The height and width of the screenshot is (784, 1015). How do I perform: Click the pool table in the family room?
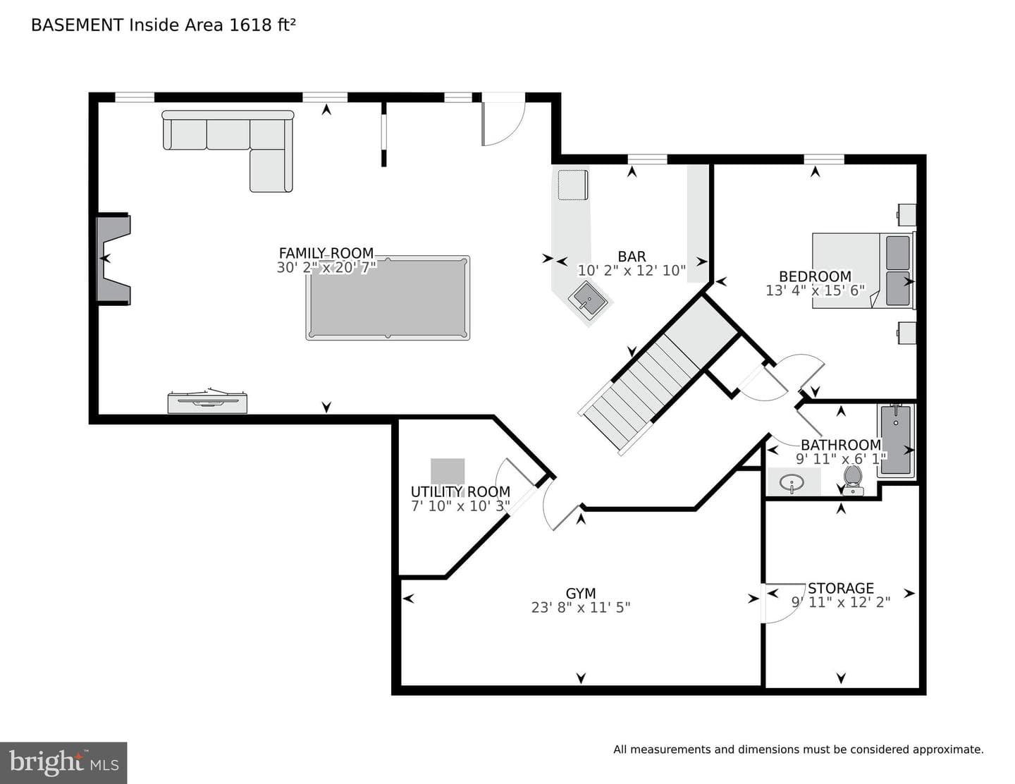pyautogui.click(x=388, y=298)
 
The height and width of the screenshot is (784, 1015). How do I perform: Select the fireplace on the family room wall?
pyautogui.click(x=113, y=259)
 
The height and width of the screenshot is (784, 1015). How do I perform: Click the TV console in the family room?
pyautogui.click(x=207, y=401)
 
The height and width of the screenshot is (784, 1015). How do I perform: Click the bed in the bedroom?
pyautogui.click(x=863, y=271)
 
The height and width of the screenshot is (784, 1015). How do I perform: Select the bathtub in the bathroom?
pyautogui.click(x=896, y=441)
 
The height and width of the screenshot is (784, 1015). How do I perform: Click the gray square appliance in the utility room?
pyautogui.click(x=448, y=471)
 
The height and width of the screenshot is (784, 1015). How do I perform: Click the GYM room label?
pyautogui.click(x=581, y=594)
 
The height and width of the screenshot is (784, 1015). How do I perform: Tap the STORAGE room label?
pyautogui.click(x=841, y=588)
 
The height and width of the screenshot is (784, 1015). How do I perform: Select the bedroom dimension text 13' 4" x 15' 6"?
pyautogui.click(x=815, y=290)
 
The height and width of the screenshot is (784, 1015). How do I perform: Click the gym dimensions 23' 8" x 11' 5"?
pyautogui.click(x=581, y=608)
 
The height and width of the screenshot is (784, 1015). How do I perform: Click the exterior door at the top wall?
pyautogui.click(x=503, y=120)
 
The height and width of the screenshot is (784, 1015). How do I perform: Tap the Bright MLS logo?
pyautogui.click(x=63, y=763)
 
